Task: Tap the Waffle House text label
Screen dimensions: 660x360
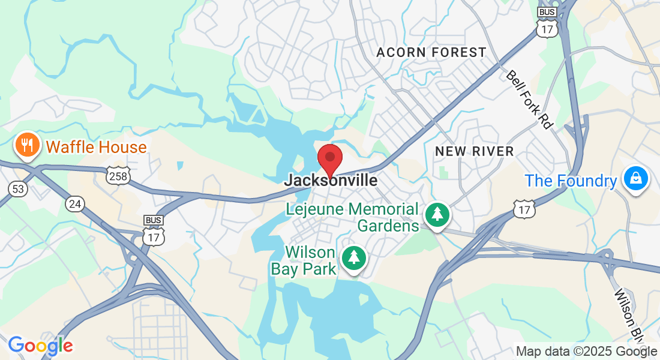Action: [96, 147]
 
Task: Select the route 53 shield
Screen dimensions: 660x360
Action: [18, 189]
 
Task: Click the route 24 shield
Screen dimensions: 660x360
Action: [75, 205]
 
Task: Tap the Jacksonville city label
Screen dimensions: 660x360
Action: [331, 180]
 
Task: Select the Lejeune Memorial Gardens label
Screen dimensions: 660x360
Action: [352, 217]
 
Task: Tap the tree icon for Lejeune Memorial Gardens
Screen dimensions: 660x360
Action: [438, 214]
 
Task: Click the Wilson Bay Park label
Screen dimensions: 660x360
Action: [304, 260]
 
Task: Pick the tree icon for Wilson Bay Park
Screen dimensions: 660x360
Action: [354, 257]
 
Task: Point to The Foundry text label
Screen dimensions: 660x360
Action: [571, 181]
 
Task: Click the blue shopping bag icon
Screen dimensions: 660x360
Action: [635, 178]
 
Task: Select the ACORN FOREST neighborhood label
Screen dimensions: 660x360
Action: [431, 53]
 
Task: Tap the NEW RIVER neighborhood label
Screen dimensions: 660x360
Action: [474, 151]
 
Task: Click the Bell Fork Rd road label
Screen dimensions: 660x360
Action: [529, 99]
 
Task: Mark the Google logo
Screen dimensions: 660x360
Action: [40, 346]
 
